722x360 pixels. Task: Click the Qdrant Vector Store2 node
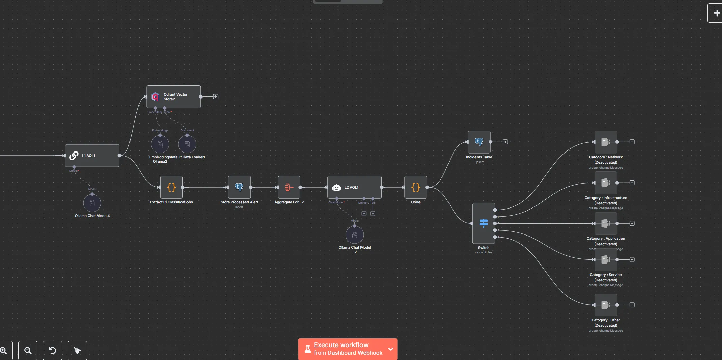[173, 97]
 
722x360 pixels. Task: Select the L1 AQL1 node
[92, 156]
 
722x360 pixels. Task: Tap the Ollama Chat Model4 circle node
[92, 203]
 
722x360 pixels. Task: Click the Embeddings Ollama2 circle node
[160, 144]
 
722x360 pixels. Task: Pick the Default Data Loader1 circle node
[187, 144]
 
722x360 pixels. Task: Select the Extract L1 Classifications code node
[171, 187]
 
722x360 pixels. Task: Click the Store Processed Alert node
[239, 187]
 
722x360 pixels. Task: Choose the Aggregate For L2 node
[289, 187]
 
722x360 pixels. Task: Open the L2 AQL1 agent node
[354, 187]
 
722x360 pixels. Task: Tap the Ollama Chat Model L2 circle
[354, 235]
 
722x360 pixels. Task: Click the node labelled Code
[416, 187]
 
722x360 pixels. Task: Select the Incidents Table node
[479, 142]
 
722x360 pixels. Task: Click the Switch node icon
[484, 223]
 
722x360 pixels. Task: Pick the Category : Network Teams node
[606, 142]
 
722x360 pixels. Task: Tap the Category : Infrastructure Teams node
[606, 183]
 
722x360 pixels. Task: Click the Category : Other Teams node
[606, 305]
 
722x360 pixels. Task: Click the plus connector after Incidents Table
[505, 142]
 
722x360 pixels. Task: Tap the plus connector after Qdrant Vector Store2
[216, 97]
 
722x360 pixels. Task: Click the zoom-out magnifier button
[28, 351]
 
